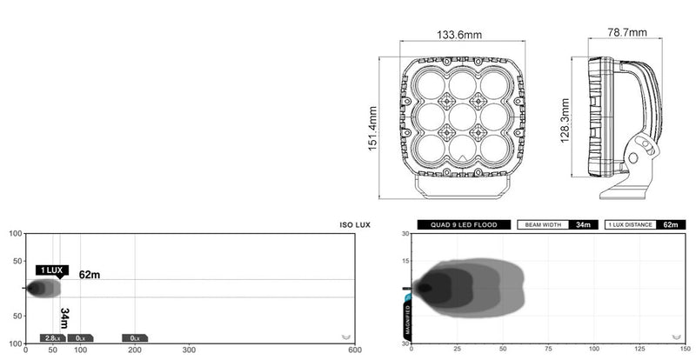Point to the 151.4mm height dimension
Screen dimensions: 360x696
(372, 130)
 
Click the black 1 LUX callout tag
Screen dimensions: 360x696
(51, 270)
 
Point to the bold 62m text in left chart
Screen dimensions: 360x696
(90, 275)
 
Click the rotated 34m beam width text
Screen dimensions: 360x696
(64, 318)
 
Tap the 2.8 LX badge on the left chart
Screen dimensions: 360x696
(53, 337)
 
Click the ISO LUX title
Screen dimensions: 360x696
(355, 224)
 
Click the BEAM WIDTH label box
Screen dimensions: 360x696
(544, 224)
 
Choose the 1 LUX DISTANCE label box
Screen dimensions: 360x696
(631, 224)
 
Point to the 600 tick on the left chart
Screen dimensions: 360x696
(354, 350)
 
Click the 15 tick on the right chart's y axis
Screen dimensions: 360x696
(405, 261)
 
